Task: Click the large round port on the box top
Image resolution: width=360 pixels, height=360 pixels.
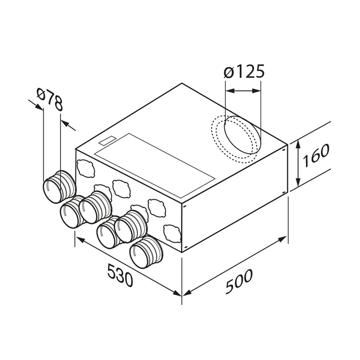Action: tap(241, 138)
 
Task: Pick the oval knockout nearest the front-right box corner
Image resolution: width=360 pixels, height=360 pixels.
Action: tap(171, 233)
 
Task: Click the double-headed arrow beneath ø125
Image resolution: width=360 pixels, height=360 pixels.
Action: tap(243, 91)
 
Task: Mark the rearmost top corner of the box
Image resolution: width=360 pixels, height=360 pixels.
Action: tap(182, 83)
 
